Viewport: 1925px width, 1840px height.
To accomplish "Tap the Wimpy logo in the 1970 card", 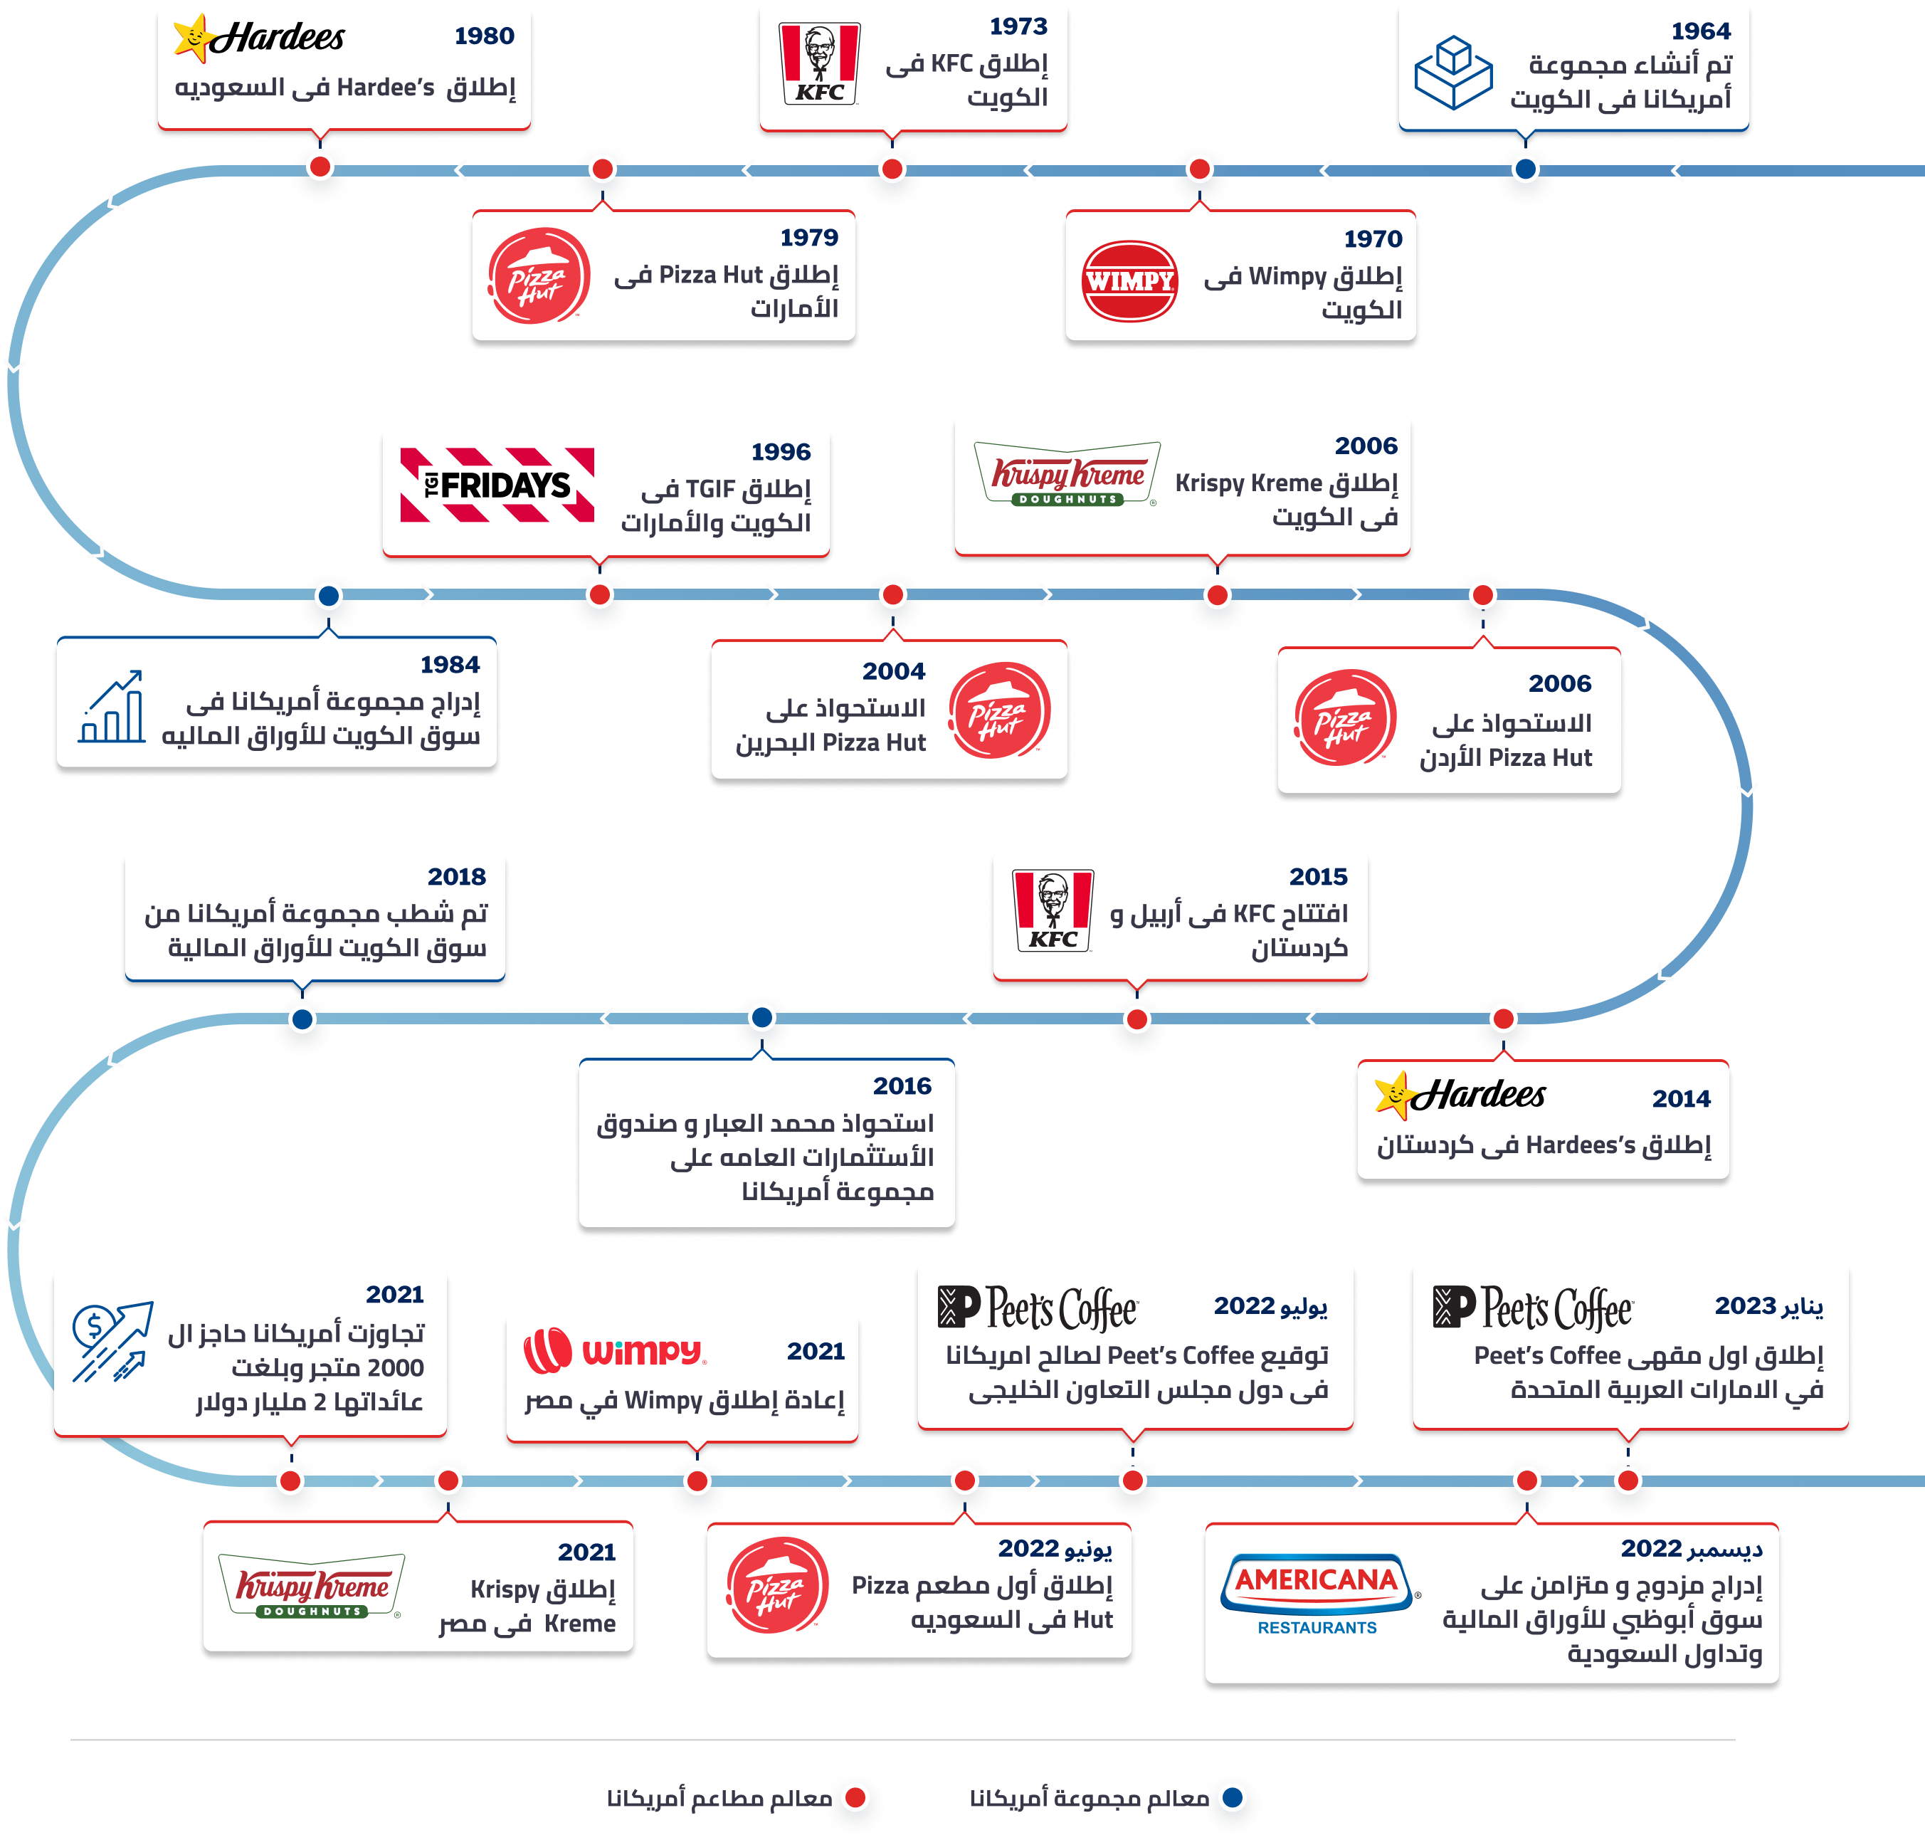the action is click(1129, 280).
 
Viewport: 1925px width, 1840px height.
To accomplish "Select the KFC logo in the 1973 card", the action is click(820, 64).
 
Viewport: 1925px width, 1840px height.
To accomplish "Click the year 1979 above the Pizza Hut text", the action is click(809, 237).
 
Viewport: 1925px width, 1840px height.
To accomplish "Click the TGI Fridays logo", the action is click(497, 485).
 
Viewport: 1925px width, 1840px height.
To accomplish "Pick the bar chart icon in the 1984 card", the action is click(112, 706).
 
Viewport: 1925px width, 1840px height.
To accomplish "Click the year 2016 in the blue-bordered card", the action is click(902, 1085).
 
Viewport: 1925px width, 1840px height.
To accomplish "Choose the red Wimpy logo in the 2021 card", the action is click(614, 1350).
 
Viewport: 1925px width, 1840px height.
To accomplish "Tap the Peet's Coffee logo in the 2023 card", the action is click(1533, 1308).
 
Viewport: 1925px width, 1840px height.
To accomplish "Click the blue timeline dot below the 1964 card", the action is click(1525, 169).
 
